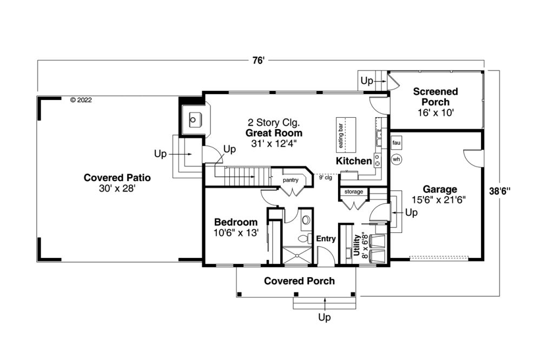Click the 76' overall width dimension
point(258,61)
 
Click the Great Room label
point(274,133)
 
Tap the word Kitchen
point(354,161)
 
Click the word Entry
point(326,238)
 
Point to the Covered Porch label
point(300,281)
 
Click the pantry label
point(291,180)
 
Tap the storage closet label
point(354,191)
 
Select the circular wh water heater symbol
point(397,159)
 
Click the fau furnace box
point(397,143)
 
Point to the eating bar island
point(346,135)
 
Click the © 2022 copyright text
point(81,100)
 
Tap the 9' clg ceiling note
point(325,178)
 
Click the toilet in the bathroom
point(303,238)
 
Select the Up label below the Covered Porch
point(324,317)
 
